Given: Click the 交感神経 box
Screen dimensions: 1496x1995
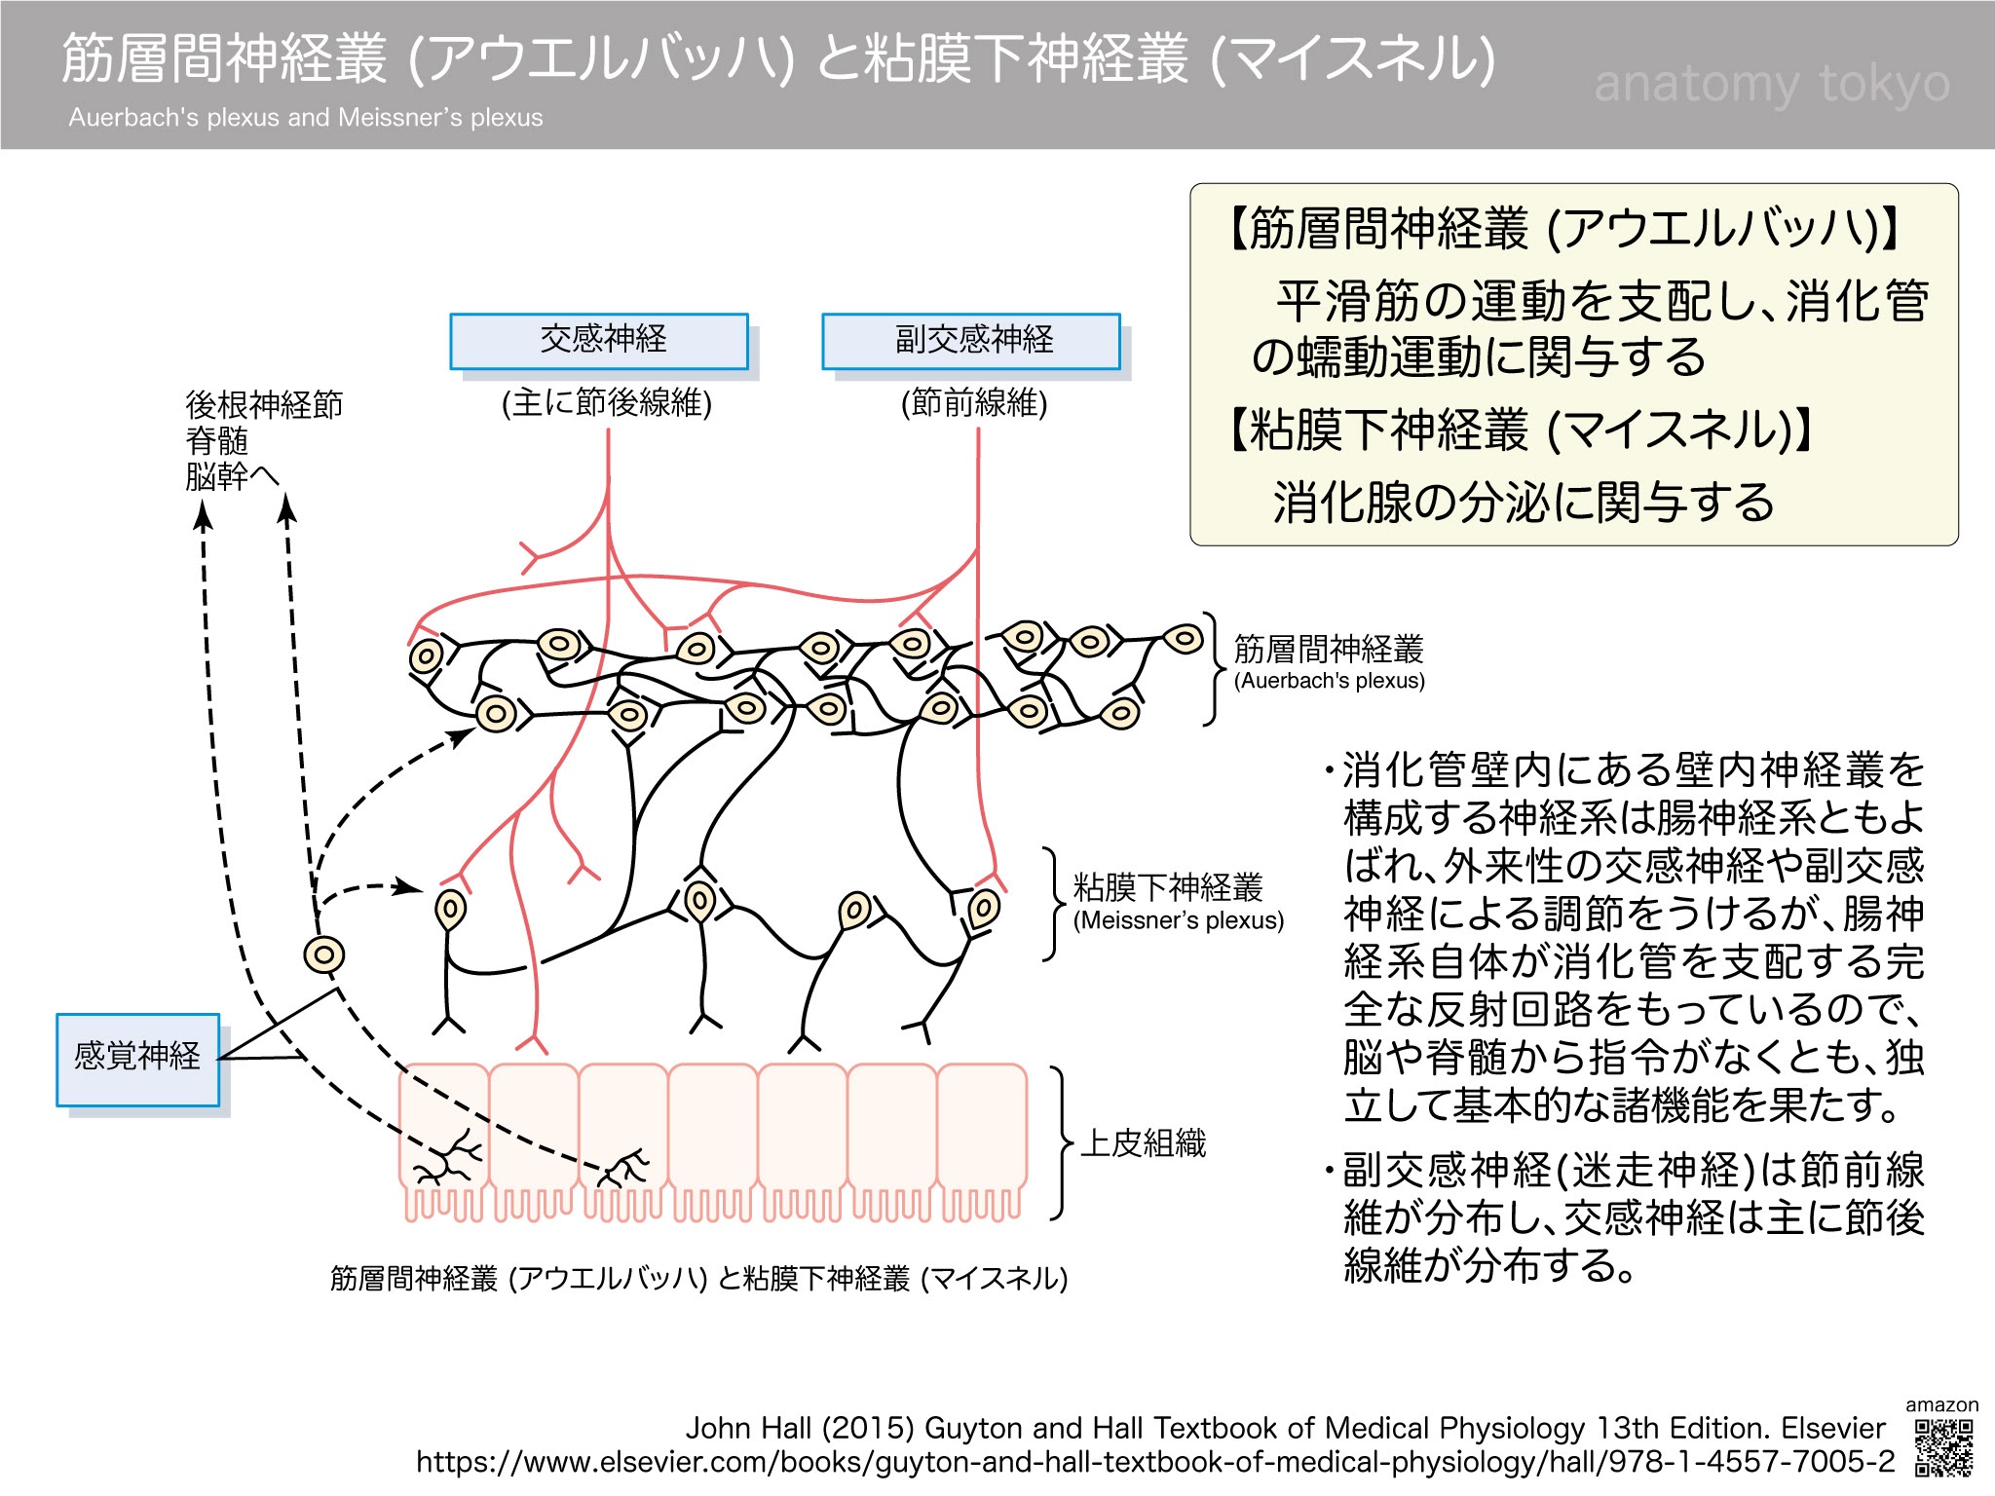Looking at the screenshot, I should tap(599, 341).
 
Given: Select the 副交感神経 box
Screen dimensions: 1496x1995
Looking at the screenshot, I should tap(971, 341).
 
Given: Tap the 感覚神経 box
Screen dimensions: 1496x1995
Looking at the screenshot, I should tap(137, 1059).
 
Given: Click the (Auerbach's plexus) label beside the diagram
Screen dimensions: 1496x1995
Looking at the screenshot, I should tap(1329, 681).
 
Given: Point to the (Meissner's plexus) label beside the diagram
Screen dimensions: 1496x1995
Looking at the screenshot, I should tap(1178, 920).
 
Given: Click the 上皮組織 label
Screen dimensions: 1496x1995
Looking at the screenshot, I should tap(1144, 1142).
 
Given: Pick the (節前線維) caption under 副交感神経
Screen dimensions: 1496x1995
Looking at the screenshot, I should tap(974, 402).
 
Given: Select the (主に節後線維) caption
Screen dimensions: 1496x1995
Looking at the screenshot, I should tap(607, 402).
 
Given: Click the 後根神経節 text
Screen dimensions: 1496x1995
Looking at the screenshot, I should tap(264, 404).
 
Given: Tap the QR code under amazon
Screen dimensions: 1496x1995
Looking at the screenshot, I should tap(1943, 1448).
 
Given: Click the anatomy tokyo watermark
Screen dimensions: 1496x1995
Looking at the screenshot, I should tap(1772, 85).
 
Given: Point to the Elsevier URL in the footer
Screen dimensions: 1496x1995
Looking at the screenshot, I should tap(1155, 1462).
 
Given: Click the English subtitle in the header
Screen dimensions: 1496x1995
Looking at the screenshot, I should tap(306, 118).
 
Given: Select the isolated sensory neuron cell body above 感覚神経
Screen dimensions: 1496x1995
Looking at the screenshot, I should tap(324, 954).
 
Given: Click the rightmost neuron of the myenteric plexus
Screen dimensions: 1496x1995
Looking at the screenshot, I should tap(1185, 640).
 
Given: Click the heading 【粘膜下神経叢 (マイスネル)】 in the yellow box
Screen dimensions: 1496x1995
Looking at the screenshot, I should tap(1520, 430).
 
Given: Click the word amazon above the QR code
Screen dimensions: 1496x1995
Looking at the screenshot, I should tap(1941, 1405).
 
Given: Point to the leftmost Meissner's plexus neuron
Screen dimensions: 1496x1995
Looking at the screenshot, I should tap(450, 910).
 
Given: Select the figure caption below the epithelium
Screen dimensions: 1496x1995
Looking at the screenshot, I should tap(698, 1278).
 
